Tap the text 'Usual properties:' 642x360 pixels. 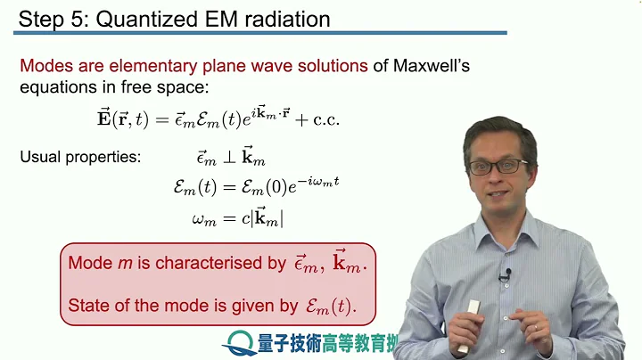(80, 158)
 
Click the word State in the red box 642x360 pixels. (87, 307)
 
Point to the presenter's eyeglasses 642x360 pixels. (498, 167)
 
